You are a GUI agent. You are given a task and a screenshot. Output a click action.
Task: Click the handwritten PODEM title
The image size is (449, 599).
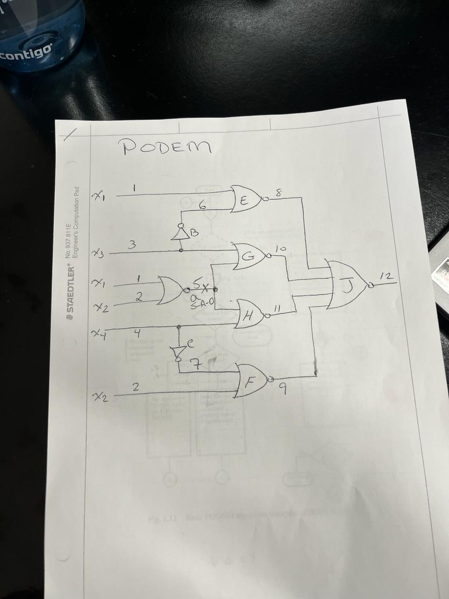[x=167, y=147]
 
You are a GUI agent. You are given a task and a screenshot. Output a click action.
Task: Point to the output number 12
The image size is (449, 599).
[x=385, y=278]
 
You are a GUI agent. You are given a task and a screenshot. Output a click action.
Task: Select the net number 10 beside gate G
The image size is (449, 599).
[x=280, y=250]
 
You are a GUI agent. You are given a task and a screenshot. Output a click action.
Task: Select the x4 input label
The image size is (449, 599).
[x=98, y=334]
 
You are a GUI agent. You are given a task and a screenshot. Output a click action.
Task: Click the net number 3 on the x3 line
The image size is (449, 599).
[x=132, y=244]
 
